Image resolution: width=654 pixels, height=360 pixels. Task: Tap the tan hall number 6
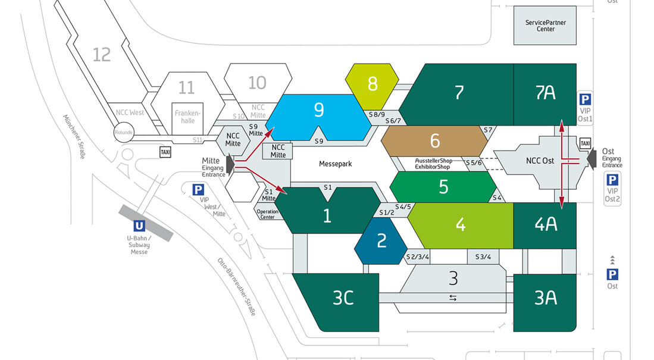(x=434, y=141)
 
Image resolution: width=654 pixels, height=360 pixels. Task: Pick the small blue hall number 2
(x=381, y=241)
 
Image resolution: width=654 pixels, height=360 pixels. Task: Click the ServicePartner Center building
(x=545, y=26)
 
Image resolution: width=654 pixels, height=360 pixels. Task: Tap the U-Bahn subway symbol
(x=139, y=226)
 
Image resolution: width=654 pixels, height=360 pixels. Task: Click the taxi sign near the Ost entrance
(x=585, y=143)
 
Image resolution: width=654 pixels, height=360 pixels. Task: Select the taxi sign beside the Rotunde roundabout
(x=165, y=152)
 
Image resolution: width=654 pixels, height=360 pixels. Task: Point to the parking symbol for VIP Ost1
(x=585, y=100)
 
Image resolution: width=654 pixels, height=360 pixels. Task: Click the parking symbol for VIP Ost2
(x=612, y=180)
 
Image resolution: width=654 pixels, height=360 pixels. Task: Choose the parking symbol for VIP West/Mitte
(x=198, y=190)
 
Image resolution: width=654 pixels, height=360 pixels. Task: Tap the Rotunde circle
(x=124, y=132)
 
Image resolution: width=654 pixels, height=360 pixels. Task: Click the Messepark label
(x=336, y=164)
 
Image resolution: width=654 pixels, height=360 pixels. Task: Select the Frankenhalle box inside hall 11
(x=187, y=118)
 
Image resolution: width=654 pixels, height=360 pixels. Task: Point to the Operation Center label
(x=267, y=214)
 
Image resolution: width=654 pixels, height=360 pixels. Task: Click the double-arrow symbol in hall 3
(x=453, y=298)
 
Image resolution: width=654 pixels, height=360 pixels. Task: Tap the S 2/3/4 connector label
(x=418, y=257)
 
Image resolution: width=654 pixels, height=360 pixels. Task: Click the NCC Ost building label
(x=540, y=161)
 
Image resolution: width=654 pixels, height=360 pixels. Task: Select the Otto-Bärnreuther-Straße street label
(x=236, y=287)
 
